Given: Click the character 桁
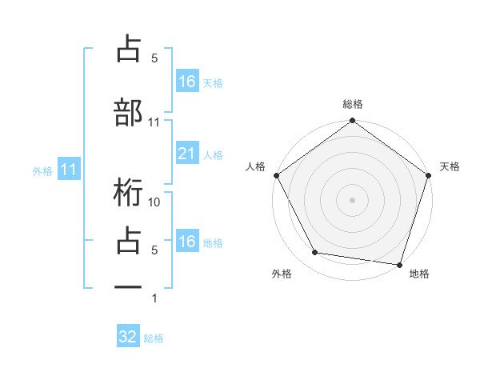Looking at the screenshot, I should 129,193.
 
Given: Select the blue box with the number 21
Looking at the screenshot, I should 186,154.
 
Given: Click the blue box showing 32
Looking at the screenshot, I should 128,337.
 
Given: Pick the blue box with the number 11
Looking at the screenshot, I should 69,170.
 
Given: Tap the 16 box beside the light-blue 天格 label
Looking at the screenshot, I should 186,82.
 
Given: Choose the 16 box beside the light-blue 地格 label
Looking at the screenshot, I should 186,242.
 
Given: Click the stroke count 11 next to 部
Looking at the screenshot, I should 154,122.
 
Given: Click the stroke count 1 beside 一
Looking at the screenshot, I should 154,298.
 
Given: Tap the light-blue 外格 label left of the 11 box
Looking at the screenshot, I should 42,170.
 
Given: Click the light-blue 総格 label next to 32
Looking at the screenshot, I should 154,338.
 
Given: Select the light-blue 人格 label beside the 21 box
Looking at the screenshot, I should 213,154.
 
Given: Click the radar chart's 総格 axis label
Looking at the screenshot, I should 352,105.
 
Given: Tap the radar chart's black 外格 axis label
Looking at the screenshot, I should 282,274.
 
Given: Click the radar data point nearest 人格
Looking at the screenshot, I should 276,175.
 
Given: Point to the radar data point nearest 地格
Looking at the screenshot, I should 399,264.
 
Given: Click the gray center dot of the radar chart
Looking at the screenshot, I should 352,200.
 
